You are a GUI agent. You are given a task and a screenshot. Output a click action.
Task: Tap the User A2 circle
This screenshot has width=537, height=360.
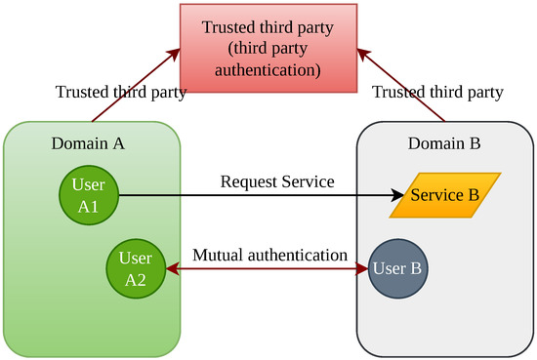134,265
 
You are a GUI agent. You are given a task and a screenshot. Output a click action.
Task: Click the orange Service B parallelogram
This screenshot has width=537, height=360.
445,195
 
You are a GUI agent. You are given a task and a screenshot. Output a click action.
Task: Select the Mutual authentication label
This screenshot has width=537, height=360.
270,255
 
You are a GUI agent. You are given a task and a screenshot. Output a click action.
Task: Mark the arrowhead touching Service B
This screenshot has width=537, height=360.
396,195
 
